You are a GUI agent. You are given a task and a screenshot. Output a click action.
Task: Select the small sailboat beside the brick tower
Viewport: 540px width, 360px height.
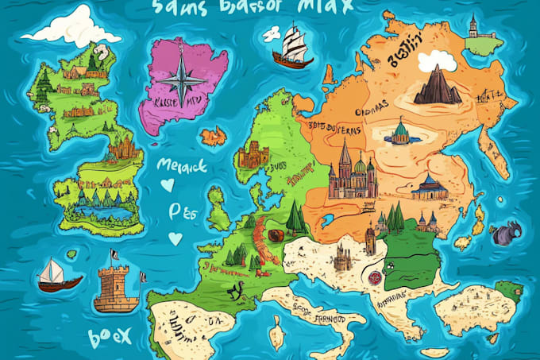[59, 274]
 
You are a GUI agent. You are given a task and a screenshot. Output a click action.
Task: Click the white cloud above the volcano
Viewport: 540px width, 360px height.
[441, 60]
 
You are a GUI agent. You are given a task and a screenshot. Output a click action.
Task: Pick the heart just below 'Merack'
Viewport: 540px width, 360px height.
[167, 185]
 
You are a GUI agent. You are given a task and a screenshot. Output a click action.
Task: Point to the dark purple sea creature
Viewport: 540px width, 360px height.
[505, 234]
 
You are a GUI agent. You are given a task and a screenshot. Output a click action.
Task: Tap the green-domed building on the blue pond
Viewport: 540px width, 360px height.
[401, 133]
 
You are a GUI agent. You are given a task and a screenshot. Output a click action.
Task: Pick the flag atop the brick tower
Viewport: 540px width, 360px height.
[116, 256]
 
